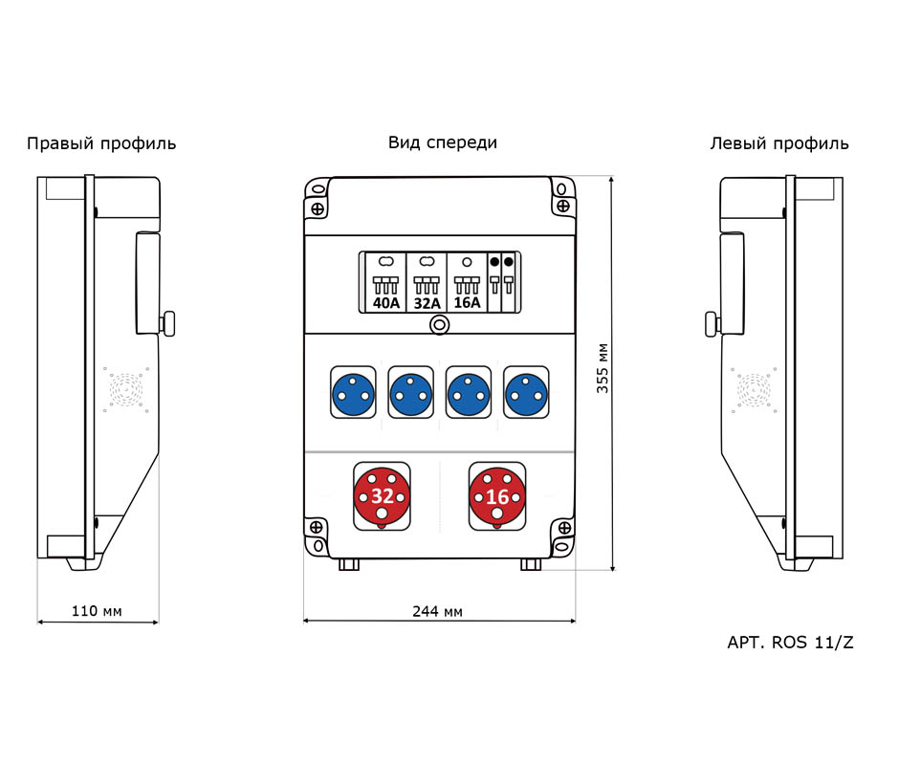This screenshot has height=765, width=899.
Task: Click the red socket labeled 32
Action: pyautogui.click(x=382, y=496)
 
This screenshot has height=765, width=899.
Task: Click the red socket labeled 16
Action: pyautogui.click(x=497, y=496)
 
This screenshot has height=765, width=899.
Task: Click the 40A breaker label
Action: pyautogui.click(x=385, y=303)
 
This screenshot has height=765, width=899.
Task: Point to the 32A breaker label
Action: pyautogui.click(x=428, y=303)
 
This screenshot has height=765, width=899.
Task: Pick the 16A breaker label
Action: pyautogui.click(x=467, y=302)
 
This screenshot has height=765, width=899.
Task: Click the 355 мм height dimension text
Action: pyautogui.click(x=602, y=368)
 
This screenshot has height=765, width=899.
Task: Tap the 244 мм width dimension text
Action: pyautogui.click(x=437, y=611)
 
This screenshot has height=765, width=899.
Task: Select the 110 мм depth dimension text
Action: pyautogui.click(x=97, y=611)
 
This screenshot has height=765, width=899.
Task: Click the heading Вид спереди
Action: pyautogui.click(x=443, y=142)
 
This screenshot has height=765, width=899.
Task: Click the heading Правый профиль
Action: pyautogui.click(x=101, y=143)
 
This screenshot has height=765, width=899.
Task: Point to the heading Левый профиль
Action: pyautogui.click(x=779, y=143)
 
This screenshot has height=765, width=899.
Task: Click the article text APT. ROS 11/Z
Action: pyautogui.click(x=790, y=643)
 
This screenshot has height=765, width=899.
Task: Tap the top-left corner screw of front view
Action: pyautogui.click(x=318, y=208)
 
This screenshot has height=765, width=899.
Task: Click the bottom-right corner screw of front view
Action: pyautogui.click(x=564, y=527)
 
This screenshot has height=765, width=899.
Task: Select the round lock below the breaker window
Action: pyautogui.click(x=439, y=325)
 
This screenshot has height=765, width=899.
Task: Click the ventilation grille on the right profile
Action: pyautogui.click(x=126, y=389)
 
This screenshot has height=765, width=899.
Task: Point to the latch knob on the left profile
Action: pyautogui.click(x=711, y=323)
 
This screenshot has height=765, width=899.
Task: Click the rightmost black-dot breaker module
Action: pyautogui.click(x=509, y=282)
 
